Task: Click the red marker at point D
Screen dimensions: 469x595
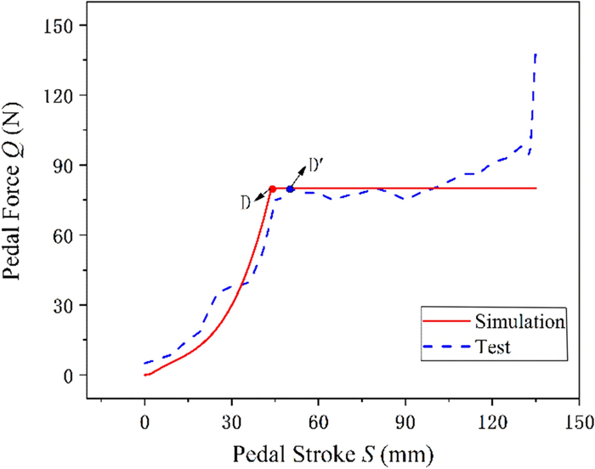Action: [272, 189]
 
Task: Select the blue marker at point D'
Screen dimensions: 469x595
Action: [290, 189]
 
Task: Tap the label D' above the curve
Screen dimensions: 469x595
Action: [315, 163]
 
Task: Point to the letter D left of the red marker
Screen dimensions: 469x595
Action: [245, 202]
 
